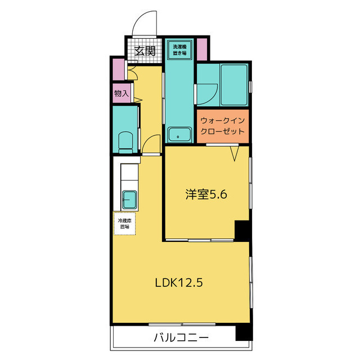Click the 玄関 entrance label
(145, 51)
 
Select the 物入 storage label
(121, 93)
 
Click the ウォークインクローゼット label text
(223, 125)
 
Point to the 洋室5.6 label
(206, 195)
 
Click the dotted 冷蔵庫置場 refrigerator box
(124, 223)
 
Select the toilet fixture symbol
(125, 141)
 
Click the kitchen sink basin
(129, 199)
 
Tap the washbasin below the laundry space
(179, 136)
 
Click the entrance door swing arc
(142, 25)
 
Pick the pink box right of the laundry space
(201, 49)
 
